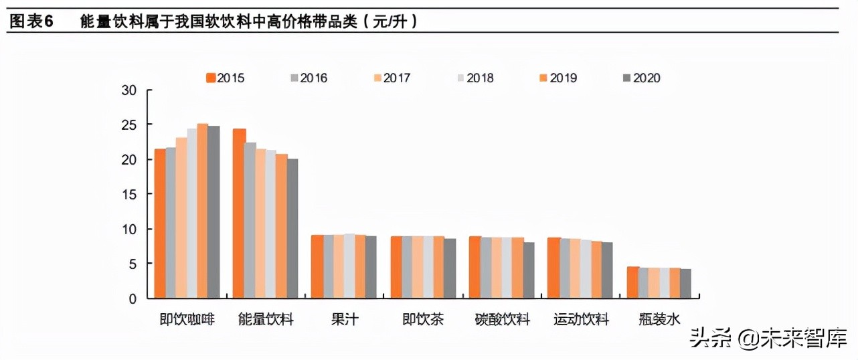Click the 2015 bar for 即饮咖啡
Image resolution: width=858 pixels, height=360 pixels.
click(x=160, y=223)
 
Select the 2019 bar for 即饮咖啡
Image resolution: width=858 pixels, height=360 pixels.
click(x=203, y=211)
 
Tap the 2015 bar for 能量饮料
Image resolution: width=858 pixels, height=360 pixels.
click(x=238, y=213)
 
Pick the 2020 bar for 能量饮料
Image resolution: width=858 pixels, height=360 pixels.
click(x=292, y=228)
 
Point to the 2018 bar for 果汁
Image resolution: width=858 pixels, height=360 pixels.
click(x=349, y=266)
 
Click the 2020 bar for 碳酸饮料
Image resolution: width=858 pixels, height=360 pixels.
click(x=529, y=270)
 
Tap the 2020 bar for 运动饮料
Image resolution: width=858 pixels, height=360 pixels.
click(x=606, y=270)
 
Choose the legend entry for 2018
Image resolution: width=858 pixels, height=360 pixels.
click(x=475, y=78)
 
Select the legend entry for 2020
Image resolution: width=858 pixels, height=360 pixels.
click(x=641, y=78)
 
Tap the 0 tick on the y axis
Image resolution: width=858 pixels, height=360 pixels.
click(x=133, y=298)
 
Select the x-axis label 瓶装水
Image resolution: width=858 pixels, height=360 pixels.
click(x=659, y=319)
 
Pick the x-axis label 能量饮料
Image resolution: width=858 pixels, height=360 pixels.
click(x=266, y=319)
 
